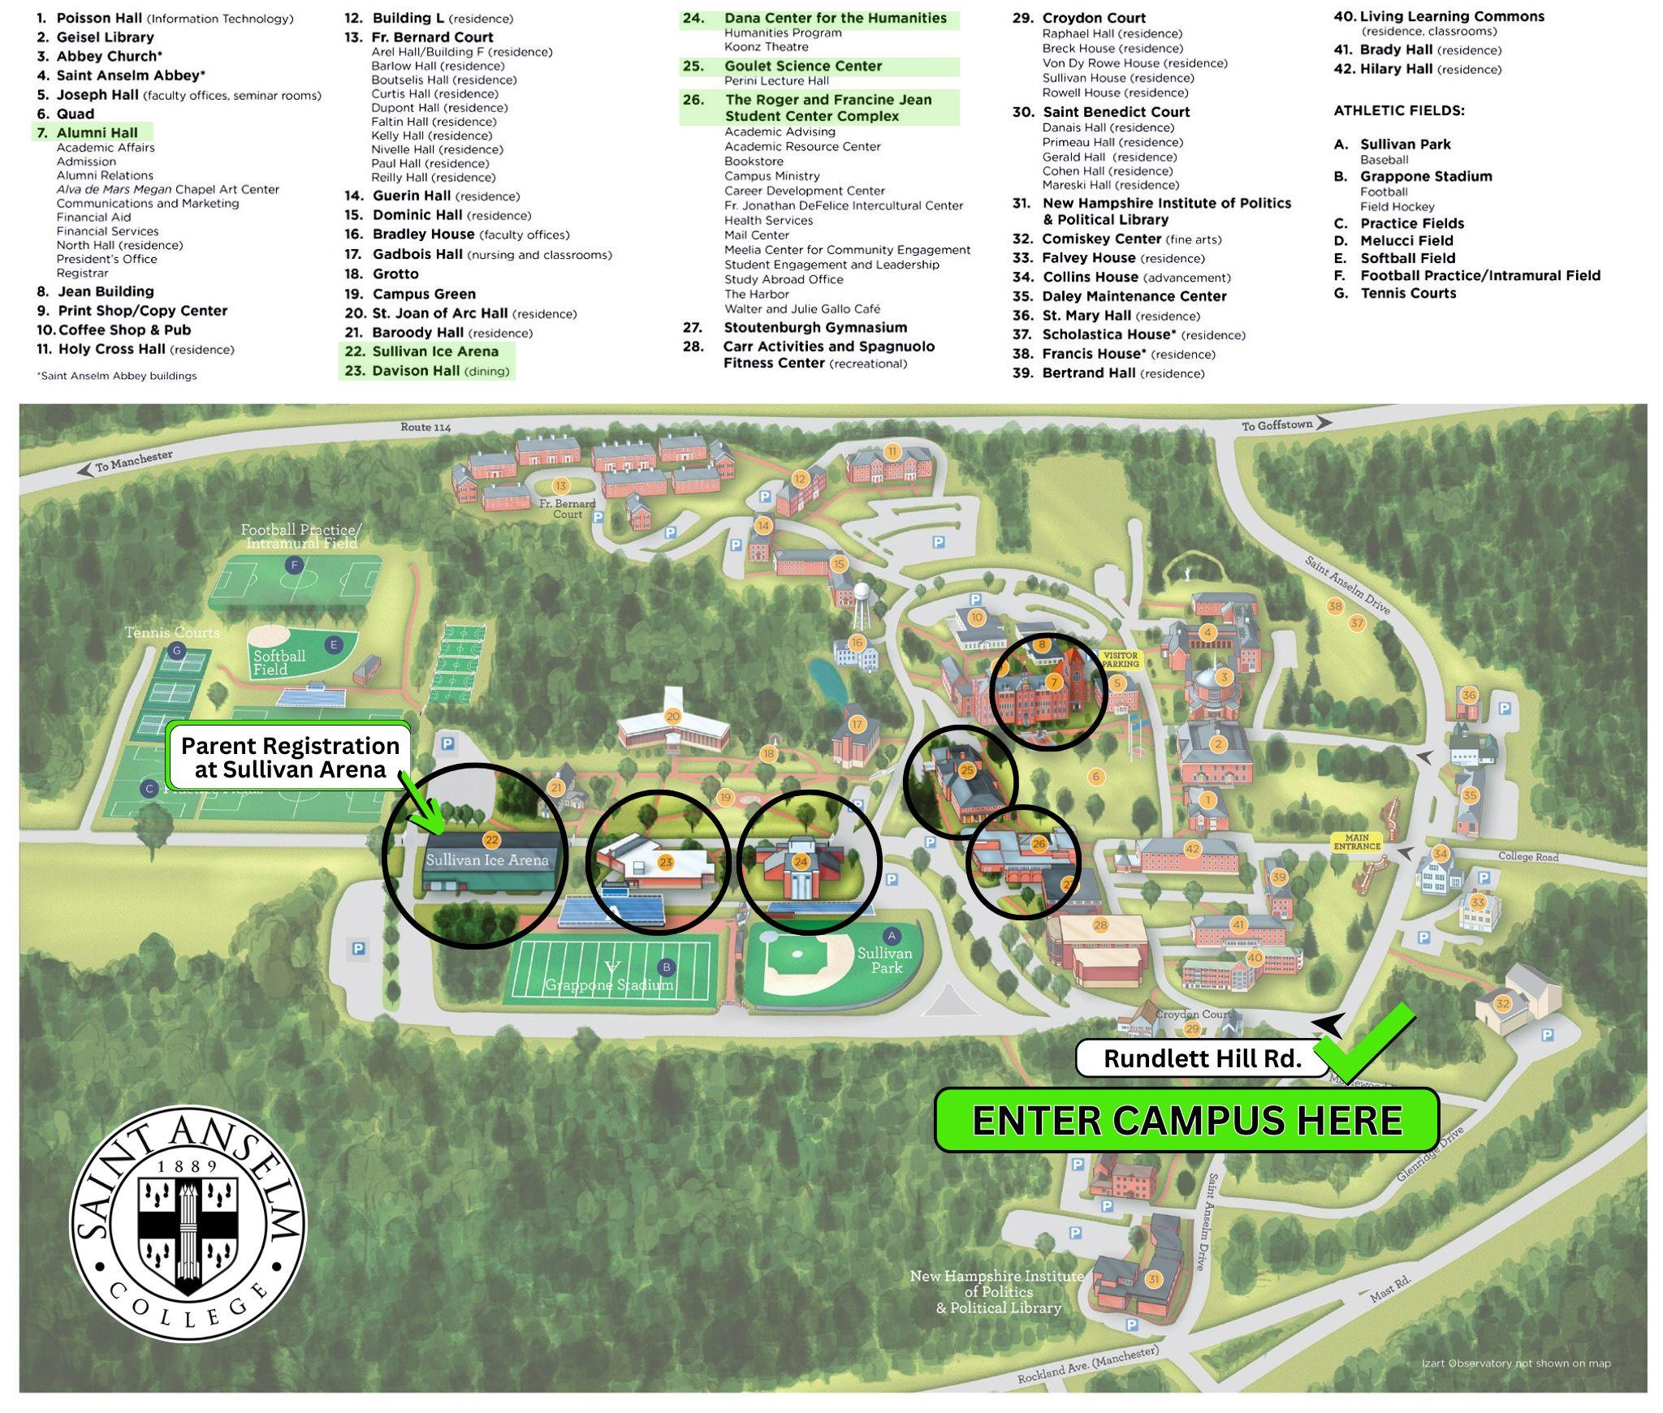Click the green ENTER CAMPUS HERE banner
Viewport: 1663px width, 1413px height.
(1186, 1121)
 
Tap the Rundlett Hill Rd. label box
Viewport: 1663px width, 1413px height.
(1202, 1058)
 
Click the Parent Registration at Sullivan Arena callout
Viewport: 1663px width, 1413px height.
(290, 757)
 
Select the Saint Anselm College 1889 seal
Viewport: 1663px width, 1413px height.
(188, 1223)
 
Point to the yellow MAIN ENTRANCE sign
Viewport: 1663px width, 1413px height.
(1356, 842)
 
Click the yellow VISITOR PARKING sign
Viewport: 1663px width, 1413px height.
(1121, 659)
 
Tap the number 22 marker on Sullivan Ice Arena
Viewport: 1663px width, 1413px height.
(490, 840)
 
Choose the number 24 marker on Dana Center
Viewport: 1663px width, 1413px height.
(801, 861)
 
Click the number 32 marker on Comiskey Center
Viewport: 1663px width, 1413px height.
(1502, 1003)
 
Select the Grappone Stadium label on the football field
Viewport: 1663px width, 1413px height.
(609, 984)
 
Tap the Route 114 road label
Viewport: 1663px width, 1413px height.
(425, 427)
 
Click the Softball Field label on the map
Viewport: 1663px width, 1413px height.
(279, 662)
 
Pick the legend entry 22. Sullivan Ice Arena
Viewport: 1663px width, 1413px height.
(427, 351)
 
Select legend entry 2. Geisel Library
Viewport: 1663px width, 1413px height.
(96, 37)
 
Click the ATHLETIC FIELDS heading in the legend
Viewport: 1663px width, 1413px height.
(1398, 110)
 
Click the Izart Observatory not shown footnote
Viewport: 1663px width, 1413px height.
(1515, 1363)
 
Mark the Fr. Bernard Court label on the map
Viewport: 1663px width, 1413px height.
(568, 509)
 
